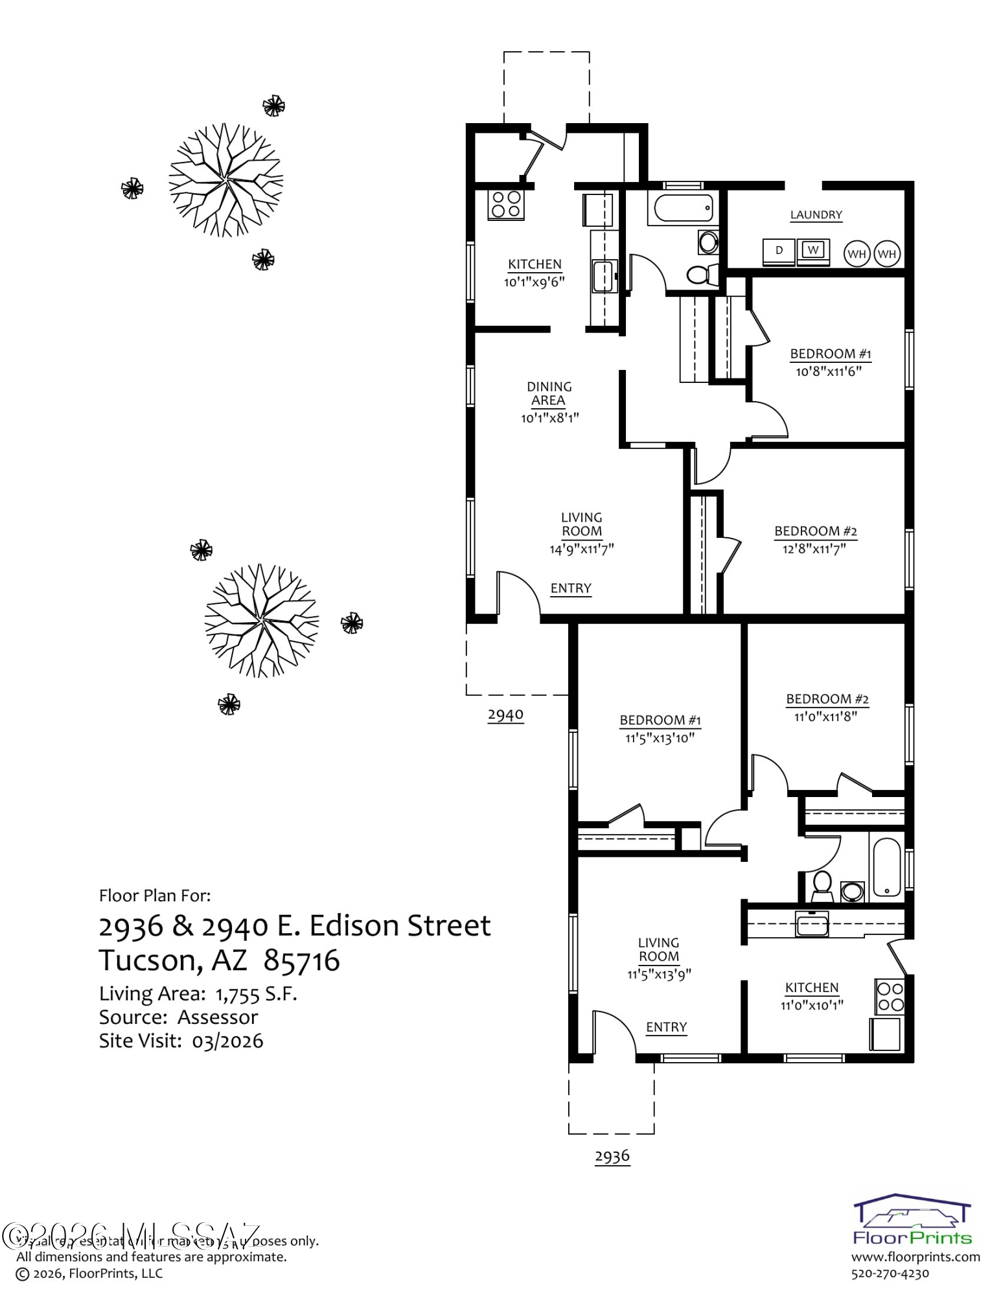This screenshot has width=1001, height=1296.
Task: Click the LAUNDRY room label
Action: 816,215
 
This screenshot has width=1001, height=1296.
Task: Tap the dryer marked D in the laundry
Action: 779,251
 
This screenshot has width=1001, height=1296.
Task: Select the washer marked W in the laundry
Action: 813,251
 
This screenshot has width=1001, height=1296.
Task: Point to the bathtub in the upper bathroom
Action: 683,209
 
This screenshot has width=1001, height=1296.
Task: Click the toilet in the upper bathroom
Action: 700,275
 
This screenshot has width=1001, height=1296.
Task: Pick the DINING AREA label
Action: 549,393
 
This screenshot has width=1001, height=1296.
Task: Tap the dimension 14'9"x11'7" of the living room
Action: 581,550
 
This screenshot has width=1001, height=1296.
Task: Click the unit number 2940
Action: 505,715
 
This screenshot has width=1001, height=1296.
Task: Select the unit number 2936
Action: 612,1156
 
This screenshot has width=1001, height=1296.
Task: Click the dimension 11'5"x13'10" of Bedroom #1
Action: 660,738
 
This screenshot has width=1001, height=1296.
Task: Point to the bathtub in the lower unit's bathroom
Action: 886,868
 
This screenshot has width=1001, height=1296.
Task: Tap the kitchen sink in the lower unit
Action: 812,924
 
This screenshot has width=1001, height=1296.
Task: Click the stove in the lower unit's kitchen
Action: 890,997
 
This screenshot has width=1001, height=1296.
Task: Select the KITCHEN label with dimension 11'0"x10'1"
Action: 812,988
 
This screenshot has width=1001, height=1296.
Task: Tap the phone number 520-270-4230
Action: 890,1273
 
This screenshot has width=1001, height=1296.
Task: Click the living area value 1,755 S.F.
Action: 256,994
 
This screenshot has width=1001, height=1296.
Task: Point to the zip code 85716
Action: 302,960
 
